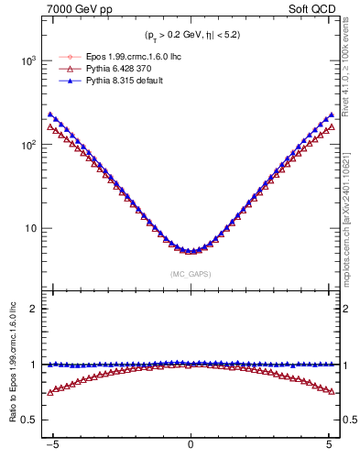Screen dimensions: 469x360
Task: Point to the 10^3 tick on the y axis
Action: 27,60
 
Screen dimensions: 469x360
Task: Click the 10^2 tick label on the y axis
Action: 27,145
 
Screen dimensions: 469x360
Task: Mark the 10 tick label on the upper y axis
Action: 31,228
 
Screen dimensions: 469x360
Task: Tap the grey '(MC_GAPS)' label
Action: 190,274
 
